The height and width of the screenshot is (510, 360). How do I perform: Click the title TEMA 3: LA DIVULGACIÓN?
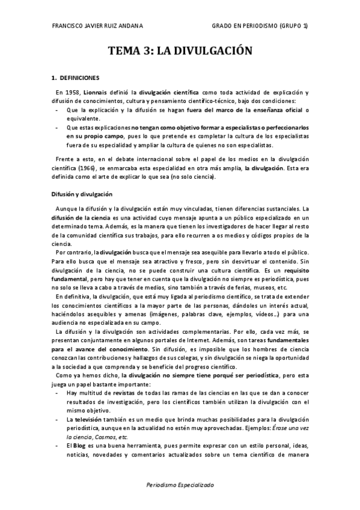click(x=179, y=52)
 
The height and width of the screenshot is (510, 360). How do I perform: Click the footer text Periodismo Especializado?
click(x=179, y=484)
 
